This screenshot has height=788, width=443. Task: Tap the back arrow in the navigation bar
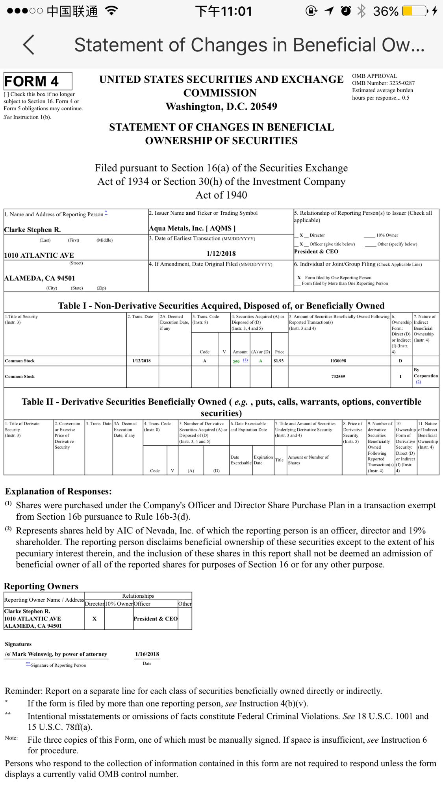29,45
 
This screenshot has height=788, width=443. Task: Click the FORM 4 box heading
32,82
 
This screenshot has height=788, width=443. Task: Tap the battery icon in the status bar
414,11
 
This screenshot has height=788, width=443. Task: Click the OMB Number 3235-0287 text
383,83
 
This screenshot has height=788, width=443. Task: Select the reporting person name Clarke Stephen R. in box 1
32,230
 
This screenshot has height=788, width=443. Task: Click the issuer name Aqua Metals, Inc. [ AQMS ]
192,228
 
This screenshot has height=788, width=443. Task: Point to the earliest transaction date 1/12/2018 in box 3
221,254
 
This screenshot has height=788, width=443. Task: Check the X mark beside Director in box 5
301,235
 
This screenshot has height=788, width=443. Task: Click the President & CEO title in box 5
316,251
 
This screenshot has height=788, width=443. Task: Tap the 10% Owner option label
387,235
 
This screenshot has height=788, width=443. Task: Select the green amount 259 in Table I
236,361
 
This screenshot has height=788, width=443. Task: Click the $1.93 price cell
278,361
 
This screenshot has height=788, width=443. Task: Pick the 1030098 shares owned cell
338,361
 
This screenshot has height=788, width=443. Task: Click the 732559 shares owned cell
338,376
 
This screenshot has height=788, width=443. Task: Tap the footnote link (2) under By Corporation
418,382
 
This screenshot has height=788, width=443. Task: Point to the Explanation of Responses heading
58,491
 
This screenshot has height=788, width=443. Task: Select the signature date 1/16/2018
147,654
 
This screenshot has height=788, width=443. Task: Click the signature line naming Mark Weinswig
56,654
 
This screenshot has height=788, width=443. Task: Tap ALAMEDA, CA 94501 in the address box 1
39,278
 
